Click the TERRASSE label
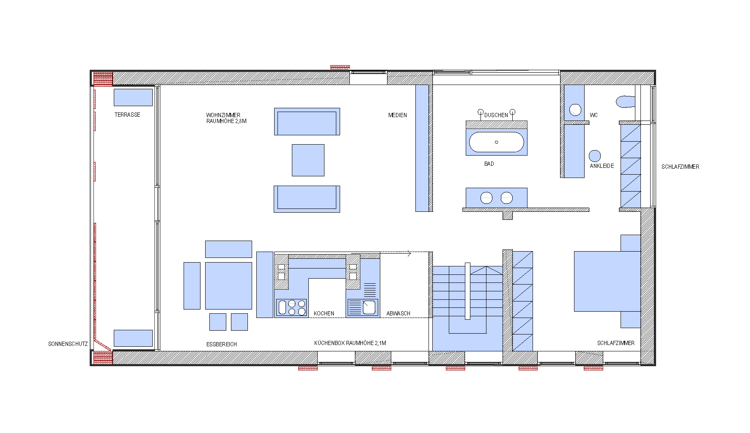point(127,115)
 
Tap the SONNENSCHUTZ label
point(68,344)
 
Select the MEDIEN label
point(398,115)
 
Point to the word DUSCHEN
point(496,115)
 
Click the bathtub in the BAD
point(497,142)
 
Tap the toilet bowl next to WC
point(626,101)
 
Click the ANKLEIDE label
point(602,166)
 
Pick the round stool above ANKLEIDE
point(595,156)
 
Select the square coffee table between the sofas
point(308,160)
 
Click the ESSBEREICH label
point(222,344)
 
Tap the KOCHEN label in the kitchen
point(324,313)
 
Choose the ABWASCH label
point(398,313)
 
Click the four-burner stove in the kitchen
point(291,307)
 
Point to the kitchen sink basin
point(369,307)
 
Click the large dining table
point(228,286)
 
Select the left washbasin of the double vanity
point(486,197)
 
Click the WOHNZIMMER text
point(223,115)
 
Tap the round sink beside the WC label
point(575,110)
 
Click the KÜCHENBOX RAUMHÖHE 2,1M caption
point(350,343)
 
